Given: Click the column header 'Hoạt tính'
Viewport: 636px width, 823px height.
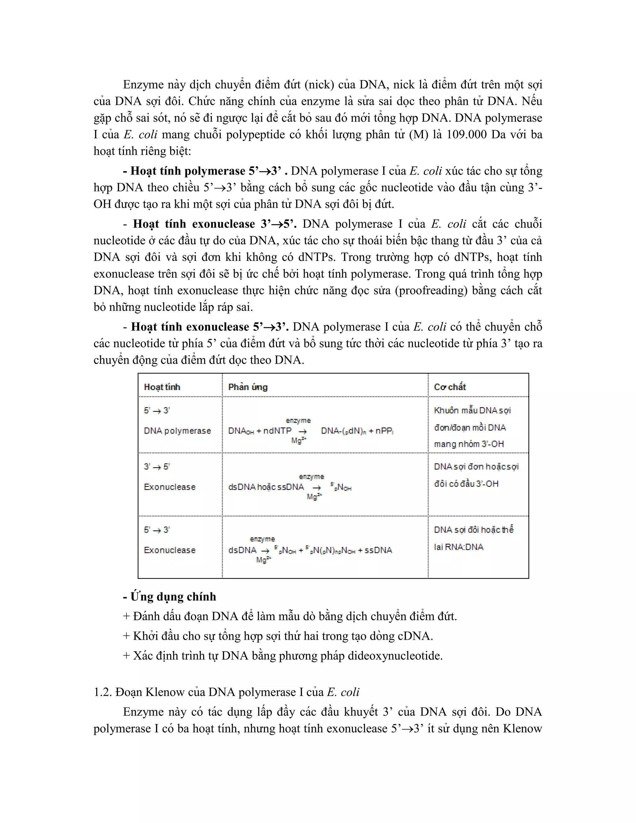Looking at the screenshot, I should (x=162, y=387).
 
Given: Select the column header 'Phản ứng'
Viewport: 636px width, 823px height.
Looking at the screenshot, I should (x=248, y=387).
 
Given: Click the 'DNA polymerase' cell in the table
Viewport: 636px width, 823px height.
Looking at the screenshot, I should (x=177, y=431).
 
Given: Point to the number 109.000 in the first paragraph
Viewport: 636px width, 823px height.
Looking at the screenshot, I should (x=466, y=134).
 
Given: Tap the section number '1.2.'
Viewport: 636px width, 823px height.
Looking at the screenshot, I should (x=102, y=692).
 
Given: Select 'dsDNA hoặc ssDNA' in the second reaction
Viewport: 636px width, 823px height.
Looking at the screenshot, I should (x=266, y=487).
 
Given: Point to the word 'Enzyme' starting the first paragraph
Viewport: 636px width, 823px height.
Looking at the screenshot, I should (x=143, y=84).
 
